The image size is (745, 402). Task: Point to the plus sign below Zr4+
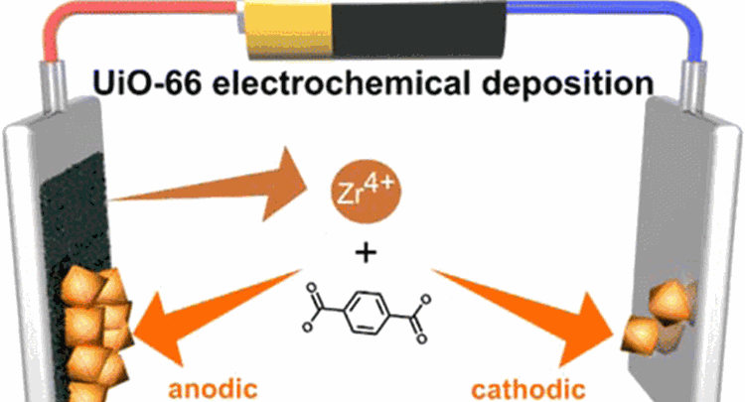coord(368,256)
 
